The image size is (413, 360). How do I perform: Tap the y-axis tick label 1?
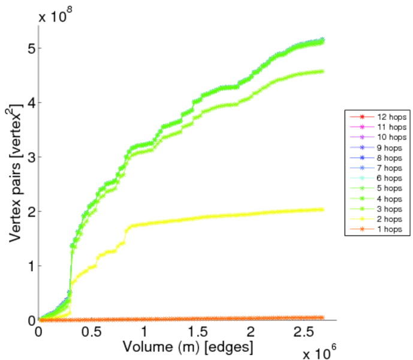pyautogui.click(x=30, y=266)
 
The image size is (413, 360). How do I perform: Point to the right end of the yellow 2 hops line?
pyautogui.click(x=322, y=209)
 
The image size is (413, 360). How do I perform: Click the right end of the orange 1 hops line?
pyautogui.click(x=322, y=317)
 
